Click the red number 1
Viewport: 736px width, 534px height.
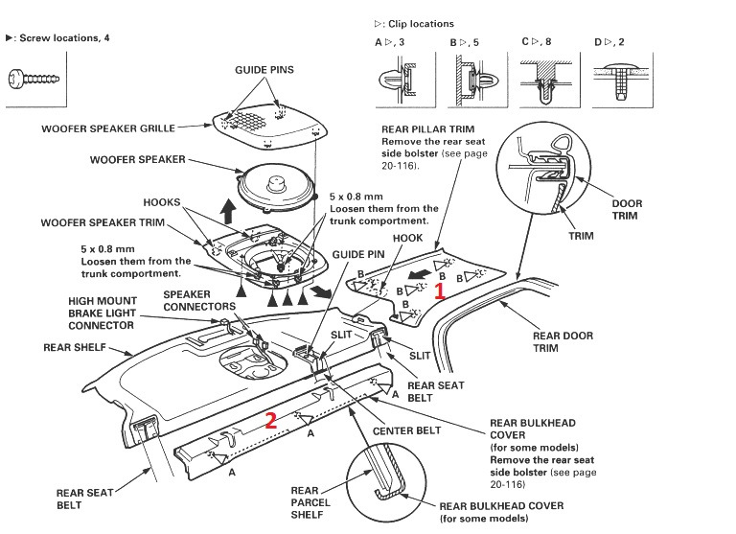440,291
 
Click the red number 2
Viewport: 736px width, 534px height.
272,418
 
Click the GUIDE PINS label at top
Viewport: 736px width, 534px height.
264,70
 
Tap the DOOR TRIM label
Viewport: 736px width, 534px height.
629,208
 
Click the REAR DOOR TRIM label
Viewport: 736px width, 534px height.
562,342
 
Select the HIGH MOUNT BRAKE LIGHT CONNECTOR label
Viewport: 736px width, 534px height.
102,313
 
